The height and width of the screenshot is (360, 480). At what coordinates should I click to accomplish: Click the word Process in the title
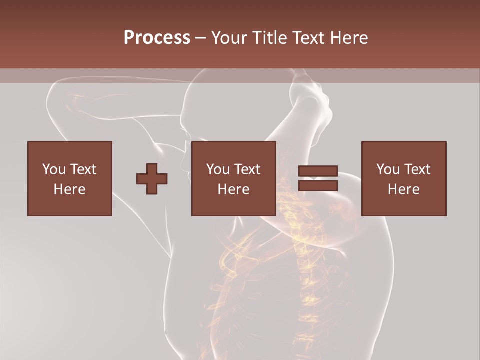157,37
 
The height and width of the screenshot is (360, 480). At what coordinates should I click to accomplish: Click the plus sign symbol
152,179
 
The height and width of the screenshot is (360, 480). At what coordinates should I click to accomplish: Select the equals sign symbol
318,179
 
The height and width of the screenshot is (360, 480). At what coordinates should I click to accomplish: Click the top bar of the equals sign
318,171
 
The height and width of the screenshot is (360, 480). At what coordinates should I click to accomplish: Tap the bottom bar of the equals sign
318,186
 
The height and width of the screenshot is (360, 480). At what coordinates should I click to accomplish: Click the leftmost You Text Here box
69,178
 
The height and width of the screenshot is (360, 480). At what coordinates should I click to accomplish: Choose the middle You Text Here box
233,178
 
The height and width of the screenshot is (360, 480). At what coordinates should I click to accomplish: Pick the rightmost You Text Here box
403,178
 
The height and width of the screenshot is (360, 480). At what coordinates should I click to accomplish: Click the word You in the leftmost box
53,169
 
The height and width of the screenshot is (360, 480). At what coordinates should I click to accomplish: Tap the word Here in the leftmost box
69,189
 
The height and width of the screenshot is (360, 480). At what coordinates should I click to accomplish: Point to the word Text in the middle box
247,169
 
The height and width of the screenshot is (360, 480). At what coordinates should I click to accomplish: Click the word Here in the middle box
233,189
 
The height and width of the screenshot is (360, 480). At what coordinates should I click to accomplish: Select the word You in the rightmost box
387,169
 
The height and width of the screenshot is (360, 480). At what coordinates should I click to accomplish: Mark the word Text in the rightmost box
417,169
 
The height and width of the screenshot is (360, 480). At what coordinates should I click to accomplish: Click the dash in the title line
200,38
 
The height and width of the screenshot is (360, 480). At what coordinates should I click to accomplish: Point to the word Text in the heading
308,37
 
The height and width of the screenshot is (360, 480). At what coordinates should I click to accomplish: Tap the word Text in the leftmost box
83,169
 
